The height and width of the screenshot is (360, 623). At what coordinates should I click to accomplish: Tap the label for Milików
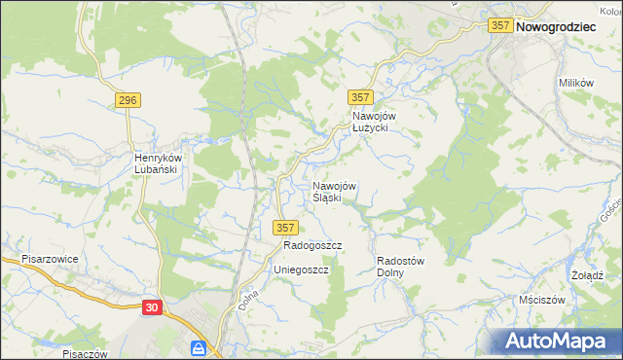pos(576,84)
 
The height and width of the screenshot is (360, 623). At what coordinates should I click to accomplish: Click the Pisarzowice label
pos(50,260)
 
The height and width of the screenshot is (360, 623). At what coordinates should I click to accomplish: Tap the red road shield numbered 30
pos(151,307)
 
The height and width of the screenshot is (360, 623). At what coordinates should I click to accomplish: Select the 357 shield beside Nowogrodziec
pos(500,27)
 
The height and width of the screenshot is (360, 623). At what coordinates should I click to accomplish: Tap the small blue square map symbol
pos(198,348)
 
